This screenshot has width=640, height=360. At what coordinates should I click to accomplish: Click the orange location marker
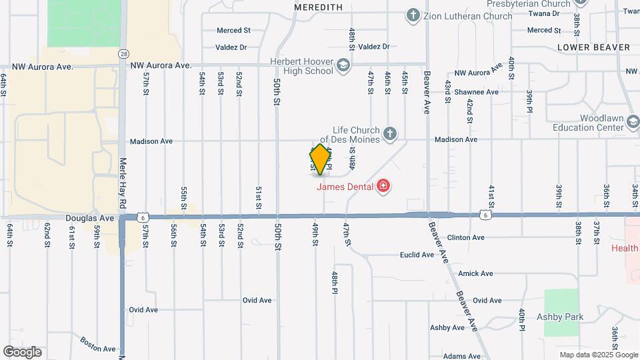[x=321, y=159]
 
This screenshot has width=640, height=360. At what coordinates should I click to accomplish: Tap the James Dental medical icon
[x=383, y=186]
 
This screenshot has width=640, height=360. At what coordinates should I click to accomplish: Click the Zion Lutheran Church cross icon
[x=413, y=15]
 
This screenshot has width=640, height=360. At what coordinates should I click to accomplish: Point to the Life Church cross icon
[x=390, y=135]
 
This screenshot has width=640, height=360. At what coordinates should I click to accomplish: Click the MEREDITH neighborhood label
[x=318, y=7]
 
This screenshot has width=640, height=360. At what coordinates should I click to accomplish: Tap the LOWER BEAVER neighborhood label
[x=593, y=47]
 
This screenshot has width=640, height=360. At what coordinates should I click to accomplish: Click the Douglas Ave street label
[x=90, y=218]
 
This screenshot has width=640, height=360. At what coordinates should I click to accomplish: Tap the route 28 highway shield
[x=124, y=53]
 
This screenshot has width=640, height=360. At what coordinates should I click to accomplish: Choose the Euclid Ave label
[x=417, y=255]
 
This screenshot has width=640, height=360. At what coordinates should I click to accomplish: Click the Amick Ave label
[x=475, y=273]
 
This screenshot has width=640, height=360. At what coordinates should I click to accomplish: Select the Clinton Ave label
[x=465, y=237]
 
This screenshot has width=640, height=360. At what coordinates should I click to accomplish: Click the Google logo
[x=23, y=351]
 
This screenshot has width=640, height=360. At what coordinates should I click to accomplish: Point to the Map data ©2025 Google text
[x=597, y=355]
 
